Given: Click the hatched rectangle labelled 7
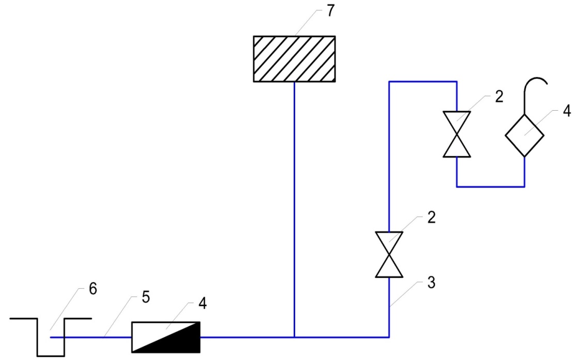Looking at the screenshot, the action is [294, 59].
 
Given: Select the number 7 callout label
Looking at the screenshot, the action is [330, 11].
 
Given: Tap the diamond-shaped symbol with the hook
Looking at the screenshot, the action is [524, 136].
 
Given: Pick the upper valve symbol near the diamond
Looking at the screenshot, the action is [457, 134].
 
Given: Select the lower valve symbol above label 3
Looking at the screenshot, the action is [389, 254].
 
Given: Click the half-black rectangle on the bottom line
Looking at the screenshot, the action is [166, 337].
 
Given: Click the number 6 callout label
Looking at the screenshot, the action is [93, 289].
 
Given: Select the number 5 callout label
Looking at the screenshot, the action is [146, 297].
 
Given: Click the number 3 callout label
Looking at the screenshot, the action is [431, 283].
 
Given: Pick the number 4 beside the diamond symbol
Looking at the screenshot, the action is [567, 111].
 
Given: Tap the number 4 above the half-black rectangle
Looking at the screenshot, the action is [203, 303].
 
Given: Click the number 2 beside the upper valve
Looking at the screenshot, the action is [499, 97].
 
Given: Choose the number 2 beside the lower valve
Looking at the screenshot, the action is [431, 217].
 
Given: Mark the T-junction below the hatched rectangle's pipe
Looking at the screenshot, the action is [294, 337].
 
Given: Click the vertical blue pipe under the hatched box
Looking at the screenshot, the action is [294, 209].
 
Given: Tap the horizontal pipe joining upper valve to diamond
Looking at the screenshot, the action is [491, 187].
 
